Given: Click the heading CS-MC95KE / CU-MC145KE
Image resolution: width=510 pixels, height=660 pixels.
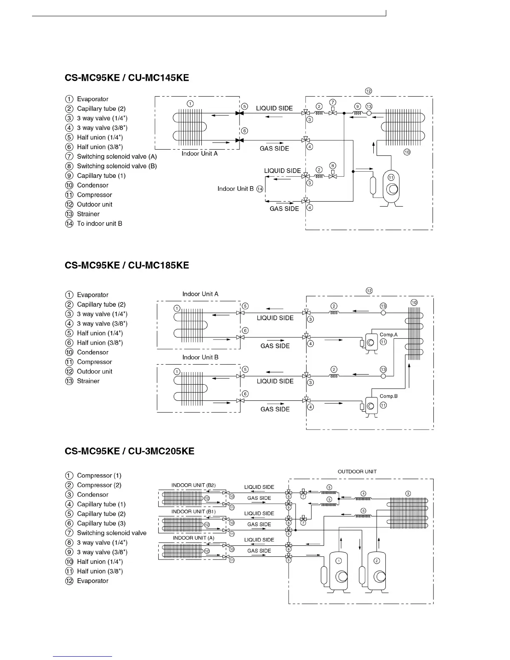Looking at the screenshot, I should pos(127,78).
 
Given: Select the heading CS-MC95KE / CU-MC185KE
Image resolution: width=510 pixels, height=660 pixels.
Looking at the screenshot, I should pos(127,265).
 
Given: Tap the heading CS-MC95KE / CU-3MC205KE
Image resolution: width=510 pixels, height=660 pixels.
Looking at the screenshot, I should pos(130,451).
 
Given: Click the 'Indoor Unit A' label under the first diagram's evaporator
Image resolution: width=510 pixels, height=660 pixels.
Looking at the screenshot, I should pos(200,154).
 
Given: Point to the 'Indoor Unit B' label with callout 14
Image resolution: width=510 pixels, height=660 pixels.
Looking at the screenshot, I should pos(235,189).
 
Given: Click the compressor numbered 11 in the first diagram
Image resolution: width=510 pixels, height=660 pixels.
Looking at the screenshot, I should pos(391,187).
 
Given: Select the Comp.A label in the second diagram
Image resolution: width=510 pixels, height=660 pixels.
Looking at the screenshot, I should pos(388,335).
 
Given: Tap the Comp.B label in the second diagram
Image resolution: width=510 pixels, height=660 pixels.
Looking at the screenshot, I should pos(388,396).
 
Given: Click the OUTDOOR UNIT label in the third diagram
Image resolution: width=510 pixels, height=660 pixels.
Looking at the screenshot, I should pos(357,472).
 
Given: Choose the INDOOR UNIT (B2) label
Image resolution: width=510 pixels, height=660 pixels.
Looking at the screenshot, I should pos(193,485).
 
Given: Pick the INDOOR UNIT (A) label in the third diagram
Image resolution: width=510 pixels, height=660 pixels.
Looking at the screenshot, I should pos(193,538).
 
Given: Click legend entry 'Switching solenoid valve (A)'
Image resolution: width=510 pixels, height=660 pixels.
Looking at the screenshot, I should pos(117,157).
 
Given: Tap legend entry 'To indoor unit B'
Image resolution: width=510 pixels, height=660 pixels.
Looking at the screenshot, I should pos(99,224).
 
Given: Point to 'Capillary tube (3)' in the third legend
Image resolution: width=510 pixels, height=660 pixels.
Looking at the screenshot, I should pos(101,523).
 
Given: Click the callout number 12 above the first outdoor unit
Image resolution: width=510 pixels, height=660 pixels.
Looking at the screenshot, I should pos(368,91).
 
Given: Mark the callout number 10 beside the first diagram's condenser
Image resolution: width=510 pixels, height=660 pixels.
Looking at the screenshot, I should pos(407,152).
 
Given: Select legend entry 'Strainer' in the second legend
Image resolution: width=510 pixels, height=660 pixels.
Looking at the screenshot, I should pos(88,381).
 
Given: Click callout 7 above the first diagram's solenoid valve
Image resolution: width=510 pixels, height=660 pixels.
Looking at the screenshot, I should pos(332,102).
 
